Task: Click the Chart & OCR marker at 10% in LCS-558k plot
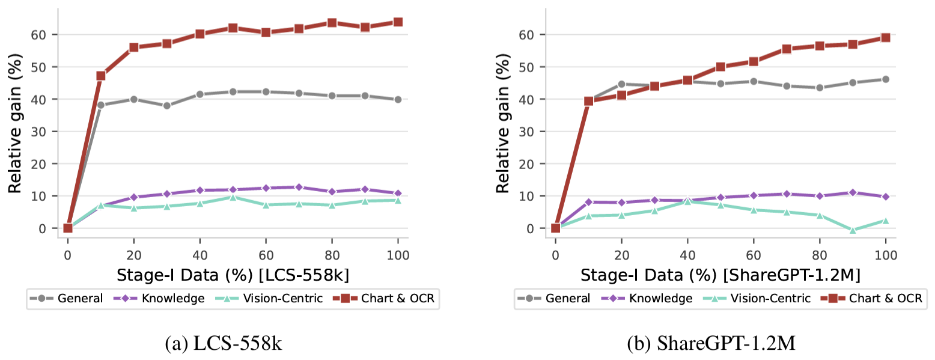point(100,76)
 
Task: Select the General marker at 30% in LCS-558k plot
point(167,106)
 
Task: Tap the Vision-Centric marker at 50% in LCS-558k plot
point(233,197)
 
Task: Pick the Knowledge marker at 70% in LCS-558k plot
point(299,187)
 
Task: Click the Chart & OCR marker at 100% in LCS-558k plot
point(398,22)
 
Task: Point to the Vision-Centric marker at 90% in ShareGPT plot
point(853,230)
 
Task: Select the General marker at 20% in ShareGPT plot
point(621,84)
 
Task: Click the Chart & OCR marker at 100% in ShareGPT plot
point(885,38)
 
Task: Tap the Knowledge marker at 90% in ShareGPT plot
point(853,192)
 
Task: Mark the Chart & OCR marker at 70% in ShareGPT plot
point(787,49)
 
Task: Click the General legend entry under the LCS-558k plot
point(66,298)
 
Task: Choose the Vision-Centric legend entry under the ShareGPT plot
point(757,298)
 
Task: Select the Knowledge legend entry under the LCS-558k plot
point(159,298)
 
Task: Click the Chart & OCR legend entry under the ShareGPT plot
point(871,298)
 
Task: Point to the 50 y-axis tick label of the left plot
point(38,67)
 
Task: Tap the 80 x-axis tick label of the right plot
point(820,255)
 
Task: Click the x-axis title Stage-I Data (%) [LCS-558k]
point(233,275)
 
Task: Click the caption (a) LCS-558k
point(224,343)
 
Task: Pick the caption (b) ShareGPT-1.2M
point(711,343)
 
